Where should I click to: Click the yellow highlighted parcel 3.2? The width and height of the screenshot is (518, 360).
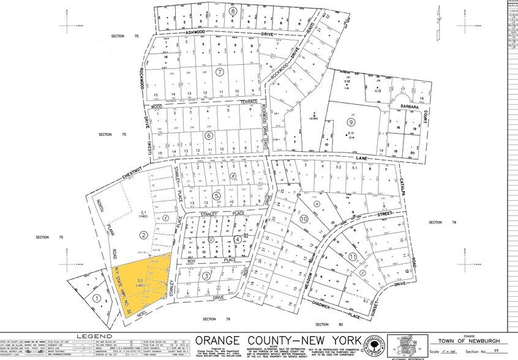point(141,282)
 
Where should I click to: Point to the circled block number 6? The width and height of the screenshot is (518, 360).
point(209,135)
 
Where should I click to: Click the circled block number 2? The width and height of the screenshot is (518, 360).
point(143,235)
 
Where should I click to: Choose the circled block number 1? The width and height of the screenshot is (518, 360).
point(97,298)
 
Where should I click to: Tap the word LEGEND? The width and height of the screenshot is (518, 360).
point(94,337)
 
